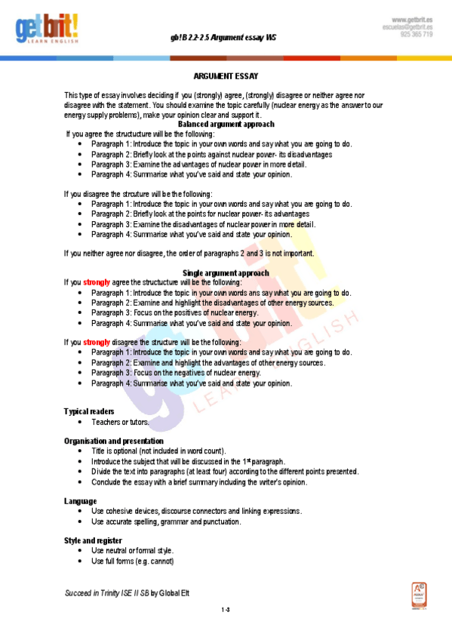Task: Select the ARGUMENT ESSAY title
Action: tap(226, 76)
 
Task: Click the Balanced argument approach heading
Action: tap(226, 124)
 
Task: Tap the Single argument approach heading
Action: tap(226, 272)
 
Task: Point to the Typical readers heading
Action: tap(89, 411)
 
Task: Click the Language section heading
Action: tap(80, 501)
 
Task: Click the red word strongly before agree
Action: tap(97, 282)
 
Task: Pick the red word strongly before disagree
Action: tap(97, 342)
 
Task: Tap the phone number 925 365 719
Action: tap(417, 35)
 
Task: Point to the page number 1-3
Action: tap(226, 609)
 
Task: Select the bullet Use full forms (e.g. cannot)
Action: tap(133, 561)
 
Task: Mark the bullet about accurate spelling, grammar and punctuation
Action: tap(166, 522)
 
